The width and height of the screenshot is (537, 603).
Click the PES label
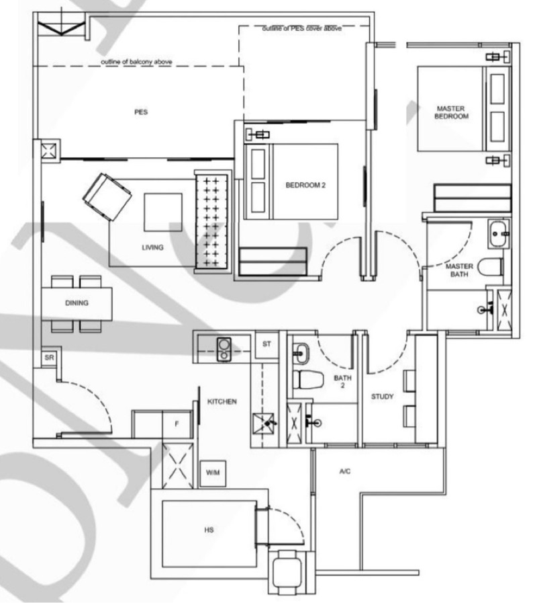tap(141, 112)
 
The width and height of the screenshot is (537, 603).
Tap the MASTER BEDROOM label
tap(451, 112)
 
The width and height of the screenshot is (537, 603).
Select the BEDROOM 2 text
tap(305, 185)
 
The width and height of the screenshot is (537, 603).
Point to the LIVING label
tap(152, 247)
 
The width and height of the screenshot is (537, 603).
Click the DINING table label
tap(77, 303)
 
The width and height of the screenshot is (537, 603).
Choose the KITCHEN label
tap(222, 401)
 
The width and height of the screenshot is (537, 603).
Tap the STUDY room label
tap(382, 397)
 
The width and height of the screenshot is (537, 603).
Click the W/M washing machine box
tap(213, 473)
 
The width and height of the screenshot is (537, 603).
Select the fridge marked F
tap(177, 424)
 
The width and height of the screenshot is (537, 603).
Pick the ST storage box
tap(267, 344)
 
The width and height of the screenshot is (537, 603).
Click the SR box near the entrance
tap(49, 358)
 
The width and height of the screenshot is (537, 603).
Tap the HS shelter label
tap(209, 530)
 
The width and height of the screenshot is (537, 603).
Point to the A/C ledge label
tap(345, 471)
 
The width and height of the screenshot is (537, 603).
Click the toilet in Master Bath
tap(490, 266)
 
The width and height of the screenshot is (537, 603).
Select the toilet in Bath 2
tap(308, 379)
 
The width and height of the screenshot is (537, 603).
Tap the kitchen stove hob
tap(224, 349)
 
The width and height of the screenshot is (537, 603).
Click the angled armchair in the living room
tap(107, 196)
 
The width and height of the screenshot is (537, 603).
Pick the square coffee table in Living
tap(163, 212)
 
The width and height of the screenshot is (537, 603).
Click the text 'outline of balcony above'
tap(136, 62)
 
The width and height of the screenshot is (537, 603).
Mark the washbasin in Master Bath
tap(499, 233)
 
